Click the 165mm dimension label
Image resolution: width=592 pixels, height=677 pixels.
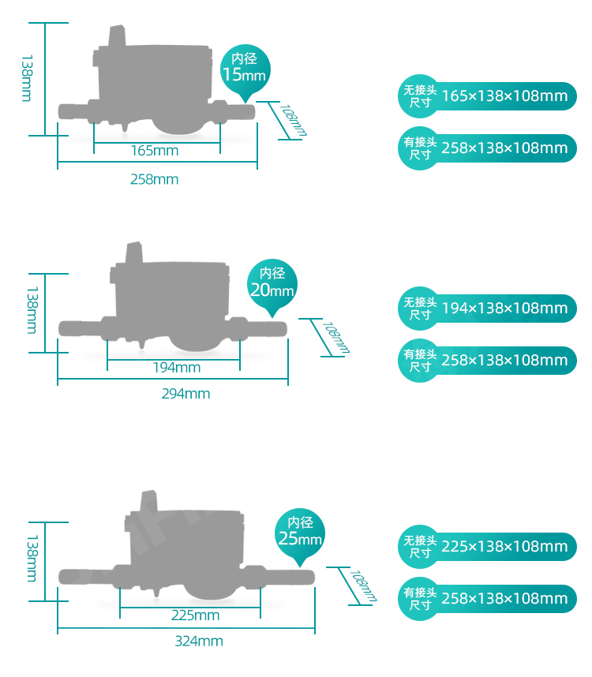click(154, 151)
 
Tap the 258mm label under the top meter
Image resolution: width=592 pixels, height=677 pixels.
click(154, 179)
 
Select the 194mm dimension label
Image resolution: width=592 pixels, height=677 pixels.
click(177, 368)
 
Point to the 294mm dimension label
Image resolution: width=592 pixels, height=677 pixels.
click(185, 394)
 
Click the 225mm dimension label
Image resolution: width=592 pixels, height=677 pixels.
click(195, 615)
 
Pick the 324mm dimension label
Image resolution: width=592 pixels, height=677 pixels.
click(199, 641)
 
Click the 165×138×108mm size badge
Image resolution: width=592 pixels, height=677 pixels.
click(487, 96)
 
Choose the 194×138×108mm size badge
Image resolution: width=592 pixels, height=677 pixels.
click(487, 309)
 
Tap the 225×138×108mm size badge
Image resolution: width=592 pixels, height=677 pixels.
click(487, 547)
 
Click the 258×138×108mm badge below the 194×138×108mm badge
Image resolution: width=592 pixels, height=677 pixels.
click(487, 361)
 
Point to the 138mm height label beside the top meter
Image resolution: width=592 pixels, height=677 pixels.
click(27, 78)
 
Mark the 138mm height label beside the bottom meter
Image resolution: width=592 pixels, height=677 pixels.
click(32, 559)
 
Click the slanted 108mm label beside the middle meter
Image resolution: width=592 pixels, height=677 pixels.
click(335, 338)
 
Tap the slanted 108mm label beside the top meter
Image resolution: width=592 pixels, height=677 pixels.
click(293, 121)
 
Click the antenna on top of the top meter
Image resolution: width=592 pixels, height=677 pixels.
click(117, 36)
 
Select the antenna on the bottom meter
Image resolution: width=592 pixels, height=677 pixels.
click(148, 501)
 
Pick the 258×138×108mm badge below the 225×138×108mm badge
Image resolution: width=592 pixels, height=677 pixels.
click(487, 599)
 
